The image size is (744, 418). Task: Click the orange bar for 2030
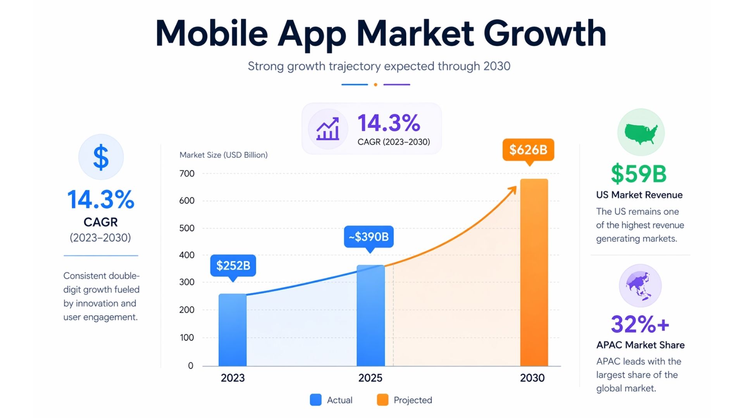[x=534, y=272]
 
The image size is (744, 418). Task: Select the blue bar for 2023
[x=232, y=330]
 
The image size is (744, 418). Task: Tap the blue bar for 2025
[x=370, y=315]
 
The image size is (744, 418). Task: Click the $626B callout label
[x=528, y=149]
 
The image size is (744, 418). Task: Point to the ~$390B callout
[x=369, y=236]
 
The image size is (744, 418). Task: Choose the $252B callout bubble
[x=233, y=266]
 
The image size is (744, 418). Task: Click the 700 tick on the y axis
[x=187, y=173]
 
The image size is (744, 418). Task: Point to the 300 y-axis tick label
[x=187, y=282]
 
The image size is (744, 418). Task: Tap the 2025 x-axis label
[x=370, y=378]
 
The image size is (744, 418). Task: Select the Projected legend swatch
[x=382, y=400]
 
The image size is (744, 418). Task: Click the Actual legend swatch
[x=316, y=400]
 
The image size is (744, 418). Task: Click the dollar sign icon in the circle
[x=101, y=157]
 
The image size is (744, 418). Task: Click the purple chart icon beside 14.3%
[x=328, y=129]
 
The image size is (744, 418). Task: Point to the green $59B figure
[x=639, y=174]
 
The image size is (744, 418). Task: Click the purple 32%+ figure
[x=640, y=324]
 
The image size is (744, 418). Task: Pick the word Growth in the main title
[x=544, y=33]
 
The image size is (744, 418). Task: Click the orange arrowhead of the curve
[x=513, y=190]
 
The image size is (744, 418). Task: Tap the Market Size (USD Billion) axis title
[x=224, y=155]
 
